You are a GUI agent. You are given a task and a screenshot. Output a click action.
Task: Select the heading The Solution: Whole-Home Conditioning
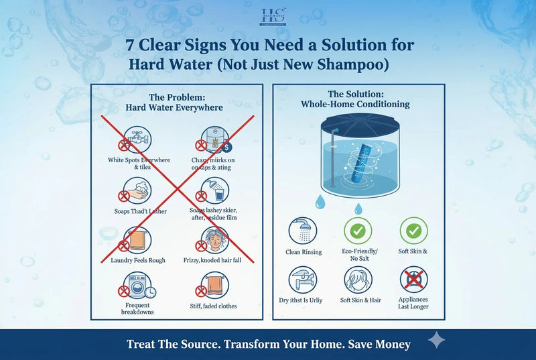click(359, 100)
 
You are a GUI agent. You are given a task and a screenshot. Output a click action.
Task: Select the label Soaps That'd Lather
click(141, 212)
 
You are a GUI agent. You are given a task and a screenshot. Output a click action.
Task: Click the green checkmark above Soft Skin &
click(413, 230)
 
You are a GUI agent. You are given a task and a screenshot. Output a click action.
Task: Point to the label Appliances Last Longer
click(413, 303)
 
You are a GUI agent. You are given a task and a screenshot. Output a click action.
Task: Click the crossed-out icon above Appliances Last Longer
click(413, 279)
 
